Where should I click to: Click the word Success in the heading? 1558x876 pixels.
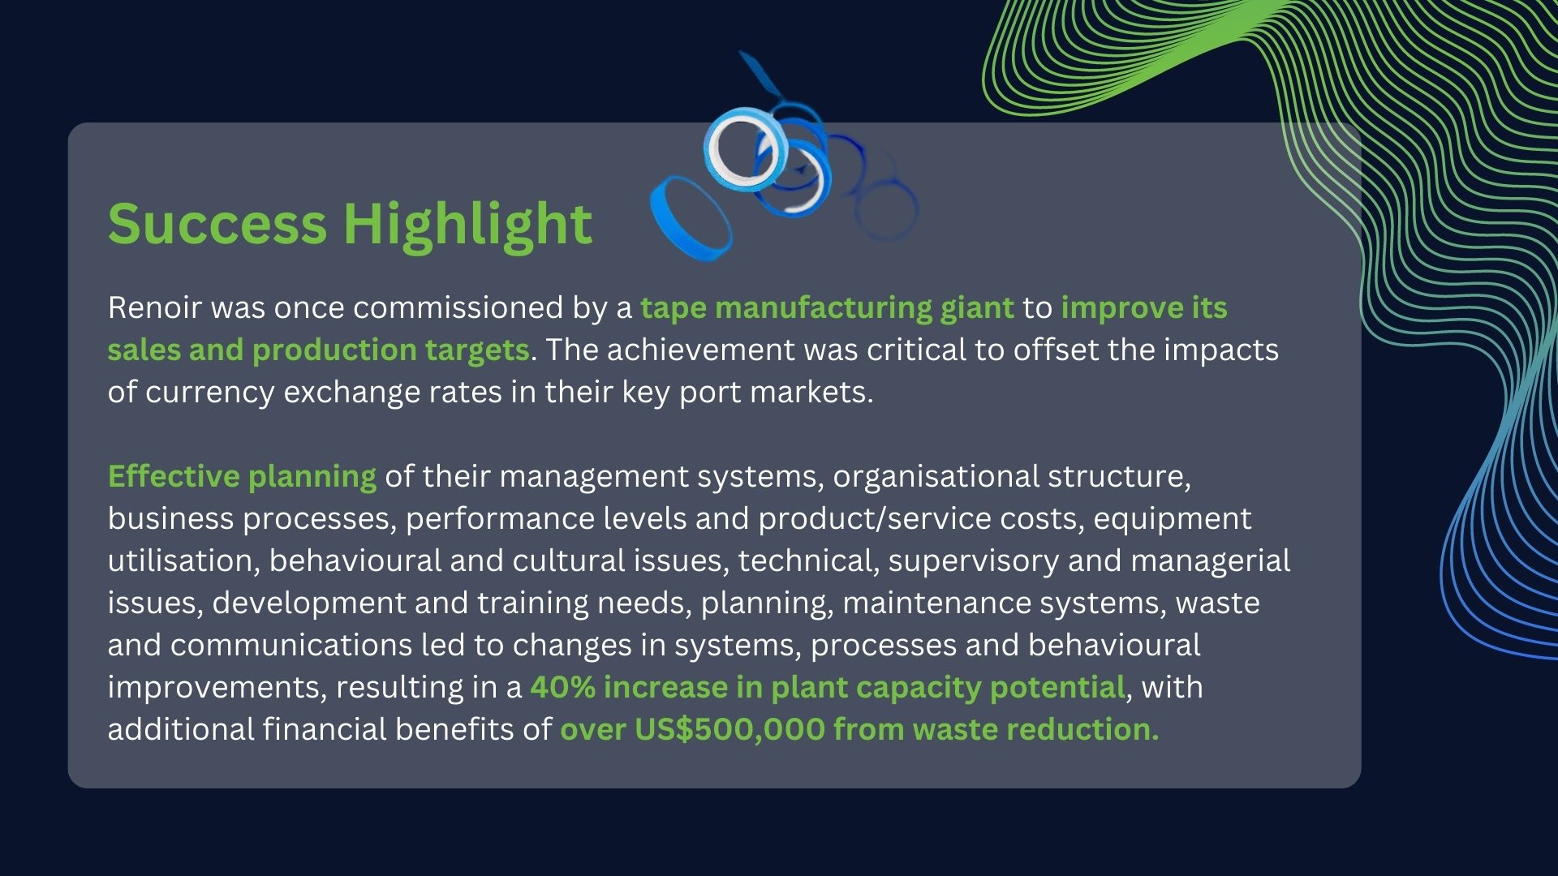pos(217,223)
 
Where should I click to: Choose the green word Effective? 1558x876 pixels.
pos(174,476)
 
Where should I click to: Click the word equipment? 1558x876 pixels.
pos(1173,519)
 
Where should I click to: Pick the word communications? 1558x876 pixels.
pos(291,645)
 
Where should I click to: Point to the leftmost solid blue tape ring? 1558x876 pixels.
pos(691,216)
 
